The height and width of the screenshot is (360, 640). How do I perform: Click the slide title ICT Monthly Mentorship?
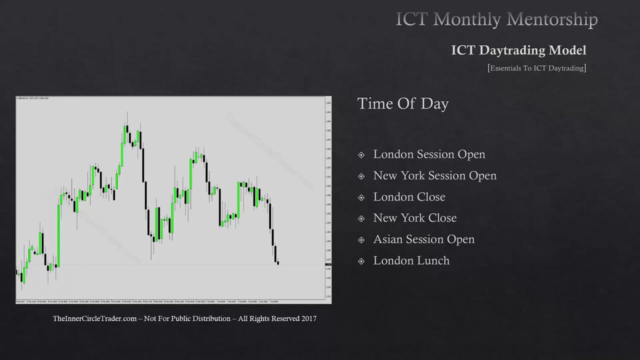coord(496,19)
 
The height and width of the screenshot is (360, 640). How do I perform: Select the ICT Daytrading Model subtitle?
coord(518,50)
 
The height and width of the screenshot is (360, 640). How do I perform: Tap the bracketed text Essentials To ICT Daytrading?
coord(537,68)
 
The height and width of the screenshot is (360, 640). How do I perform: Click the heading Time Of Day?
coord(403,103)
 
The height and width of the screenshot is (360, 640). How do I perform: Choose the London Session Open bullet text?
coord(429,154)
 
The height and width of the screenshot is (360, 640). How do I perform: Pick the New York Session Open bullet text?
coord(434,175)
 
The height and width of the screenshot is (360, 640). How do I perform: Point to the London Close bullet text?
coord(409,197)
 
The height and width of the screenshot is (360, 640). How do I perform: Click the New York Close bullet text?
coord(414,218)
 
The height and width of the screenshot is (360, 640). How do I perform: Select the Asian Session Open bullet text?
coord(423,239)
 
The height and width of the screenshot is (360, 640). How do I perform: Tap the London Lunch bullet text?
coord(411,260)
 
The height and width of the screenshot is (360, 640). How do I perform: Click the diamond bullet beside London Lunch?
coord(361,261)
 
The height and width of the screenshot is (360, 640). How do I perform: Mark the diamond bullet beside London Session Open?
coord(361,155)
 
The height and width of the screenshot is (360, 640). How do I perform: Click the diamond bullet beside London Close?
coord(361,197)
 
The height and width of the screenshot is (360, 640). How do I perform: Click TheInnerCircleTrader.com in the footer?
coord(94,318)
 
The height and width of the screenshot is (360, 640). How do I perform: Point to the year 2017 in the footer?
coord(309,318)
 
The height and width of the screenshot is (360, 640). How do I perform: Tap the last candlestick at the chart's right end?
coord(277,262)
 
